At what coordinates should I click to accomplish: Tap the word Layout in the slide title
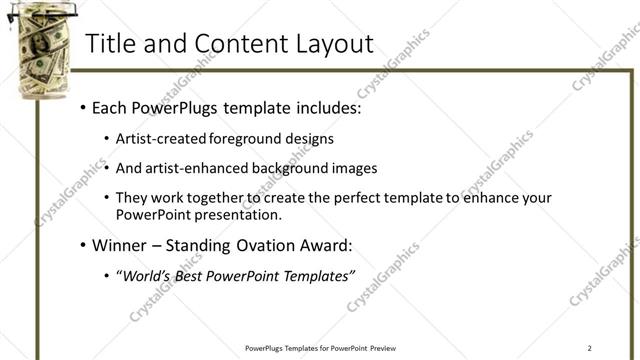pos(330,44)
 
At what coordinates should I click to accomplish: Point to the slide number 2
pos(590,348)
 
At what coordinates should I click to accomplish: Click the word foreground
pos(244,138)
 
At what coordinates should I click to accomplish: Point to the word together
pos(217,198)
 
